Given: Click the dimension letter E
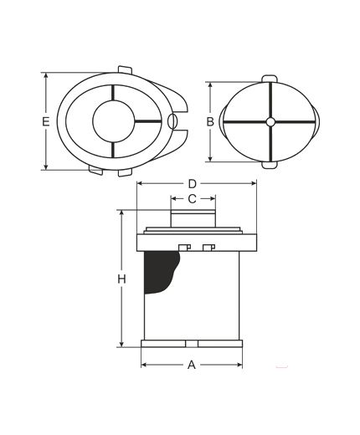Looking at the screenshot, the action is point(45,122).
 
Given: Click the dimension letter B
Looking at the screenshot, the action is point(210,122).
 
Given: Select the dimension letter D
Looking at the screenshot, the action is point(193,184).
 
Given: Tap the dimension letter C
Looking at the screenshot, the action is point(193,199).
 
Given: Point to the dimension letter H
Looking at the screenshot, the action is point(121,279).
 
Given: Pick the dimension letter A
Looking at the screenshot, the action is point(192,365).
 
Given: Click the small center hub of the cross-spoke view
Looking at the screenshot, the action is point(270,122).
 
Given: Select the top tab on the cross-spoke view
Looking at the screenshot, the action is point(270,79).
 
